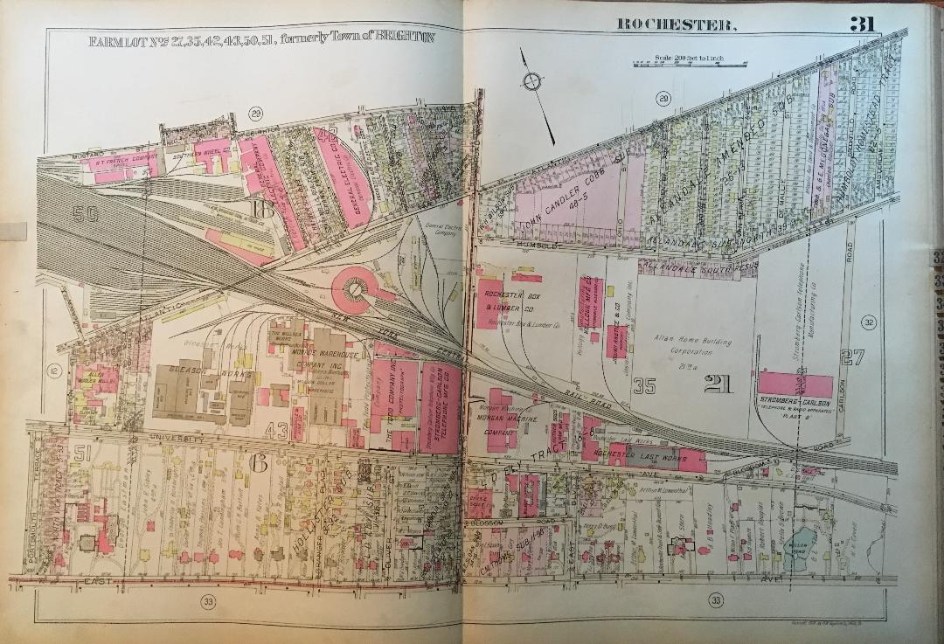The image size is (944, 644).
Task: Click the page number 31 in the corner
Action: [x=862, y=24]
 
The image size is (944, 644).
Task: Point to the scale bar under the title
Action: [x=691, y=62]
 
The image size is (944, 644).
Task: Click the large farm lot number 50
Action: [x=84, y=214]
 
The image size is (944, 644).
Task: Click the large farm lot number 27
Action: [x=852, y=356]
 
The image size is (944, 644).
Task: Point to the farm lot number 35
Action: [x=646, y=384]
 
